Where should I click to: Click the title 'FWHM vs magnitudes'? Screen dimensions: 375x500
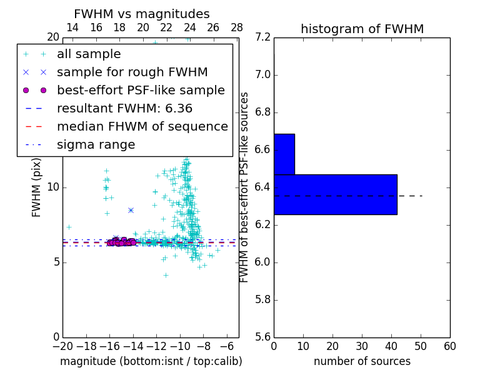pyautogui.click(x=142, y=14)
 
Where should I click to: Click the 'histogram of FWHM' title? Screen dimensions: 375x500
pyautogui.click(x=362, y=29)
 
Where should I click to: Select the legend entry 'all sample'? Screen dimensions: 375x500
pyautogui.click(x=89, y=54)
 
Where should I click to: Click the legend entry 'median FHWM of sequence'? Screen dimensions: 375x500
pyautogui.click(x=142, y=127)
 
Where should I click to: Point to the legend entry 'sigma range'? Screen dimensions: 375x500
pyautogui.click(x=96, y=145)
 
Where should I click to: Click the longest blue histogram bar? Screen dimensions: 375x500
pyautogui.click(x=335, y=194)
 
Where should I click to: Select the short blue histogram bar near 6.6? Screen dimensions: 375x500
pyautogui.click(x=284, y=154)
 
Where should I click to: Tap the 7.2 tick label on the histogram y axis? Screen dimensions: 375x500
pyautogui.click(x=262, y=37)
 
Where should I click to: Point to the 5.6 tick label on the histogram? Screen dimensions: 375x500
pyautogui.click(x=262, y=337)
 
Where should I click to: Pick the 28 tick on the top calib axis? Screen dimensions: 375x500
pyautogui.click(x=237, y=27)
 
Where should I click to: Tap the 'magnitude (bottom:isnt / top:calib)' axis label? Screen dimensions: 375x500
pyautogui.click(x=151, y=361)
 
